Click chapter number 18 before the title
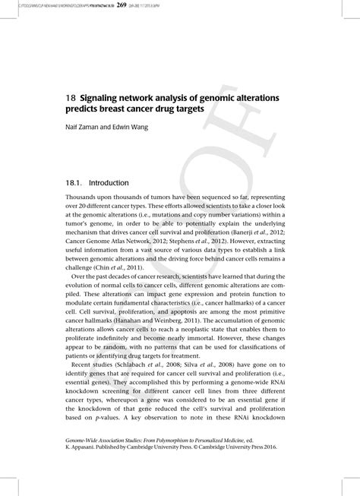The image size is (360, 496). [x=70, y=100]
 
